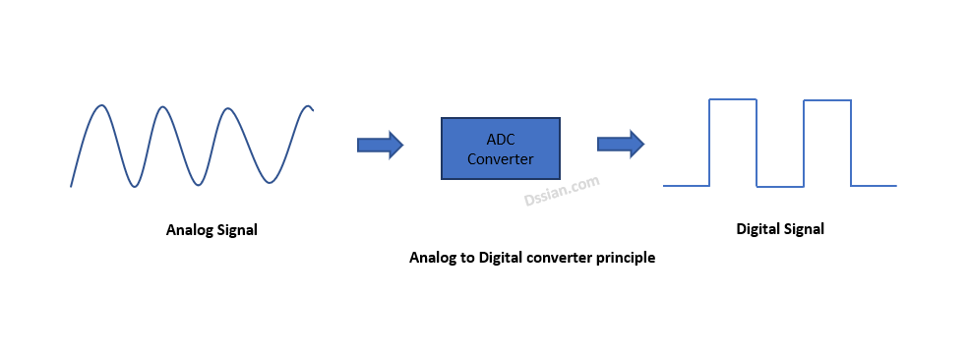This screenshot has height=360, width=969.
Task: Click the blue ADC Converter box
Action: click(501, 149)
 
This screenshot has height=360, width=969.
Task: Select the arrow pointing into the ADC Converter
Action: click(380, 146)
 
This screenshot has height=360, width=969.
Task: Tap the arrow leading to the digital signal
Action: click(621, 145)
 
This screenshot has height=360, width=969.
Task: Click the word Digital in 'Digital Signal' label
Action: click(757, 229)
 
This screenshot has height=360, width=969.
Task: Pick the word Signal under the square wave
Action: click(804, 229)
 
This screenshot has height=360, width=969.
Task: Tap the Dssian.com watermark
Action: click(562, 192)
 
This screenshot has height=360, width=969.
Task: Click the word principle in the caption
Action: click(626, 258)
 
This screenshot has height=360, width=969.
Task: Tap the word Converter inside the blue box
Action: click(501, 158)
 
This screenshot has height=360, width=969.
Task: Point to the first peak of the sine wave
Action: click(102, 105)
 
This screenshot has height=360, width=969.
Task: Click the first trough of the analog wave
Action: click(134, 186)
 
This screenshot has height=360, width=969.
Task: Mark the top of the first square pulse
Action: click(733, 99)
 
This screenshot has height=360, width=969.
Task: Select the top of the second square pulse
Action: click(827, 100)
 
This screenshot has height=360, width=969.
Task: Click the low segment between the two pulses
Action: click(780, 187)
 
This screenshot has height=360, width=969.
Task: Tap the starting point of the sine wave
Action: click(71, 186)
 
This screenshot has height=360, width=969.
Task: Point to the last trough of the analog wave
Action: click(270, 183)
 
